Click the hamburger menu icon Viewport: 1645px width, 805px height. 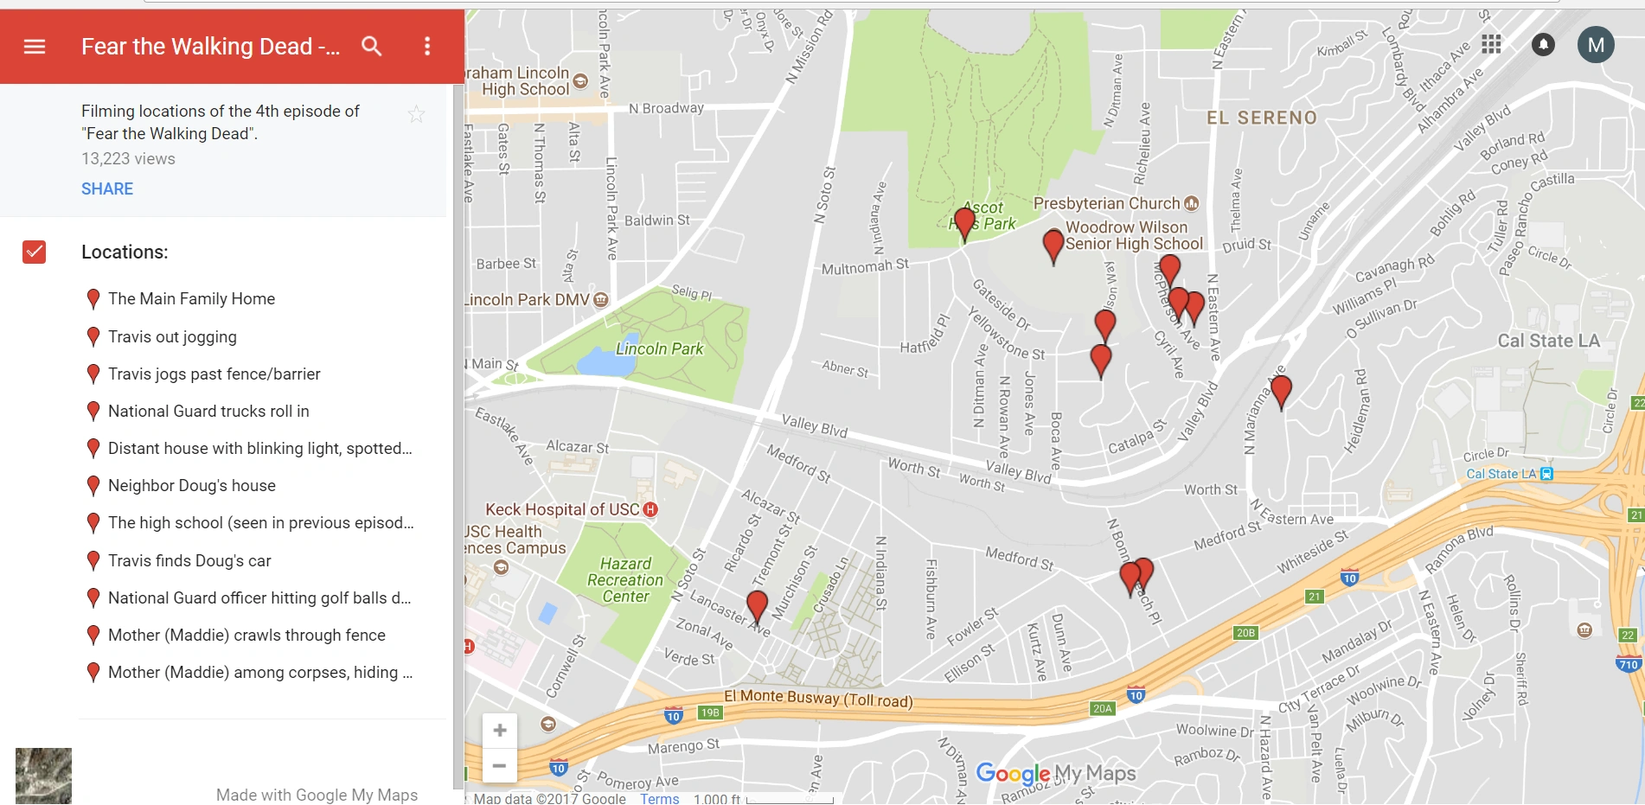(35, 47)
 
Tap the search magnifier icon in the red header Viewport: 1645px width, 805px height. (372, 47)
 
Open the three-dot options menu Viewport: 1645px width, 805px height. (427, 47)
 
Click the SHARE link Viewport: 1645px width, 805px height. (107, 188)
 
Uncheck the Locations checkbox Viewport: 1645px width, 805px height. (35, 252)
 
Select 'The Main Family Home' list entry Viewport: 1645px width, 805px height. (191, 299)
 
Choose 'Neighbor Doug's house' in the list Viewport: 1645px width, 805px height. (191, 486)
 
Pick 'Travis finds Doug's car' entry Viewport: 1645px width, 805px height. (189, 561)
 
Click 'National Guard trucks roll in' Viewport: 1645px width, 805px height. (208, 412)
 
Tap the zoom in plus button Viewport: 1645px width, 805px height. (500, 731)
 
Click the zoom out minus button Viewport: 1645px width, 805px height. (500, 765)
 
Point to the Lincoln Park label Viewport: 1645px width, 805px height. (659, 349)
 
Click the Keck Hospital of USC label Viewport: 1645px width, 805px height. (562, 510)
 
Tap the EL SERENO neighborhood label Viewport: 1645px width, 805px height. (1262, 118)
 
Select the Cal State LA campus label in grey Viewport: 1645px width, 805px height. (1548, 341)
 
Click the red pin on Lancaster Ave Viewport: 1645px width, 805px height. (757, 605)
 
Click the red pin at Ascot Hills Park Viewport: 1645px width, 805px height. (965, 223)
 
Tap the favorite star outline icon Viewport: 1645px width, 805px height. (417, 114)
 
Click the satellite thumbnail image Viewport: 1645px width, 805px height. (43, 776)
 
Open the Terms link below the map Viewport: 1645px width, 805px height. (659, 798)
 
